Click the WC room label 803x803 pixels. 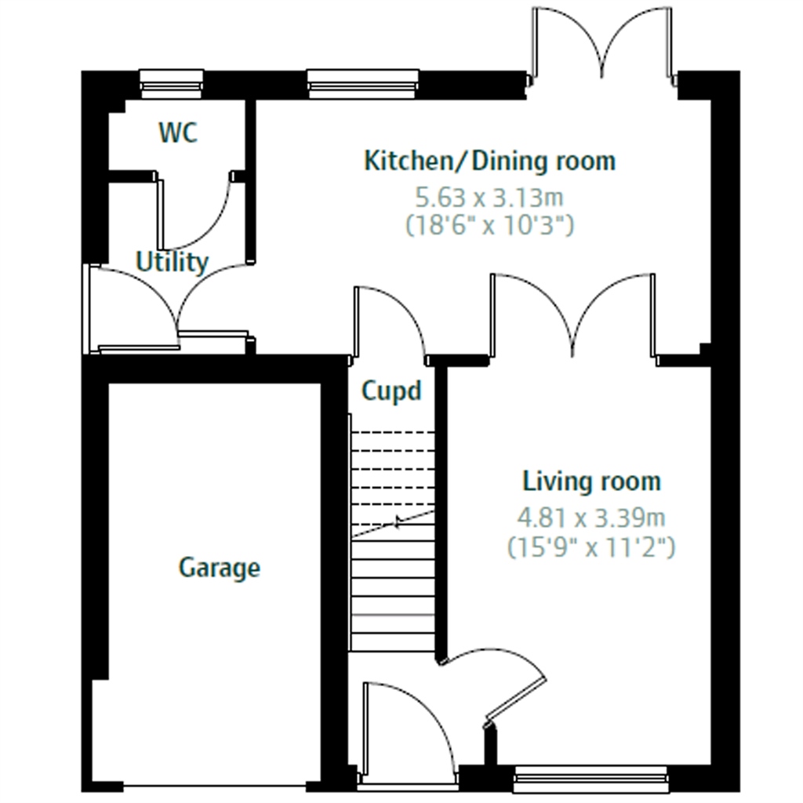point(178,132)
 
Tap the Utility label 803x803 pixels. point(172,262)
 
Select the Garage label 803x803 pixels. point(220,568)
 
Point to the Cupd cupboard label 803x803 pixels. point(392,391)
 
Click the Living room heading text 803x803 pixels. point(591,481)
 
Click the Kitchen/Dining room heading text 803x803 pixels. point(489,161)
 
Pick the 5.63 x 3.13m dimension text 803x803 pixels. point(489,197)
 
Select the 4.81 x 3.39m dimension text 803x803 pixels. point(591,518)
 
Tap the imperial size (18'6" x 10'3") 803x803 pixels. point(489,225)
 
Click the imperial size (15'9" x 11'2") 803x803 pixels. point(591,547)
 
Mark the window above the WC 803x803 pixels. point(172,83)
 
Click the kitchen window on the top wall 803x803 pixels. point(363,83)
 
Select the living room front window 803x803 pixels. point(591,780)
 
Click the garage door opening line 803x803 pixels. point(215,786)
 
